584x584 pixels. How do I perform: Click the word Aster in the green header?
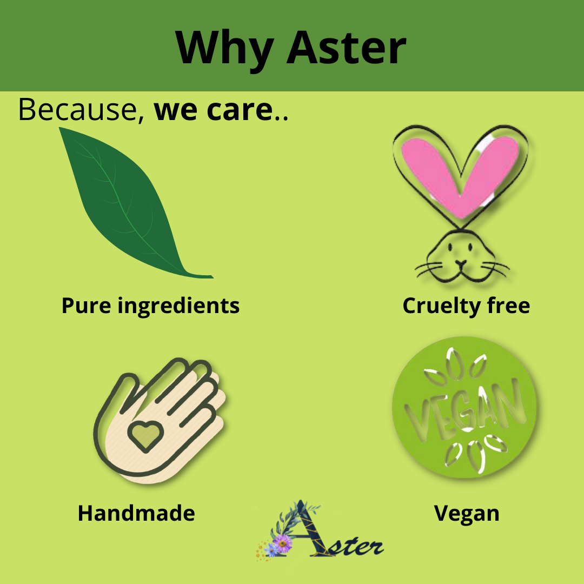click(346, 47)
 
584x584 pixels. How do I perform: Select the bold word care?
click(240, 111)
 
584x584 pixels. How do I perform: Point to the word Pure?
click(86, 306)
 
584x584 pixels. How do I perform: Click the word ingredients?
click(178, 307)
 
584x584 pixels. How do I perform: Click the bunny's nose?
click(461, 263)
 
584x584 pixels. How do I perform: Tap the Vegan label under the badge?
click(466, 514)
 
